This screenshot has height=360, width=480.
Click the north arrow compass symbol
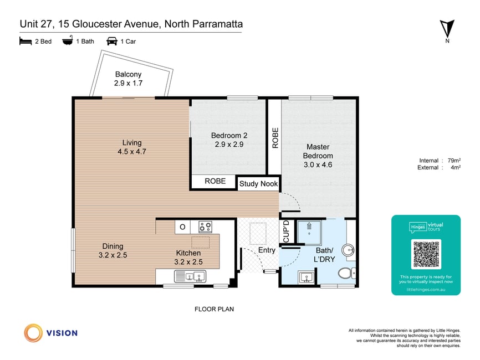tap(447, 29)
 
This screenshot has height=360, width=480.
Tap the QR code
tap(426, 254)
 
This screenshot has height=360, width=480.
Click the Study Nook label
tap(258, 183)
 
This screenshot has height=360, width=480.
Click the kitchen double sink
tap(190, 276)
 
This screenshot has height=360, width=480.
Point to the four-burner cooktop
tap(205, 227)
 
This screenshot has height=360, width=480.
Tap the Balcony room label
tap(128, 74)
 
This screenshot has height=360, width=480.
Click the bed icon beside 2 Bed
tap(25, 42)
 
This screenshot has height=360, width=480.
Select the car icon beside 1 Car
tap(112, 42)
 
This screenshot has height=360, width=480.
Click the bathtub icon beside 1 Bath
tap(68, 41)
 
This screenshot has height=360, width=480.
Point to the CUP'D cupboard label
tap(286, 232)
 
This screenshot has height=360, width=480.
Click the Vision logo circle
tap(33, 333)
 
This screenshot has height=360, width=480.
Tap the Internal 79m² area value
tap(454, 160)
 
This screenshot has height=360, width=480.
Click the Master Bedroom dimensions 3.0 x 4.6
tap(318, 164)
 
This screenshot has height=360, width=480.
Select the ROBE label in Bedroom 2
tap(215, 181)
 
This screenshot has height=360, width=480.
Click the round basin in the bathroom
tap(348, 250)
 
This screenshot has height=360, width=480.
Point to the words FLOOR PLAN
tap(215, 309)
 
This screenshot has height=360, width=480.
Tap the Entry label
tap(267, 250)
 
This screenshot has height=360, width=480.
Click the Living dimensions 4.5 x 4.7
tap(132, 151)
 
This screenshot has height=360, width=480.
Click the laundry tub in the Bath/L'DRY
tap(306, 277)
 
